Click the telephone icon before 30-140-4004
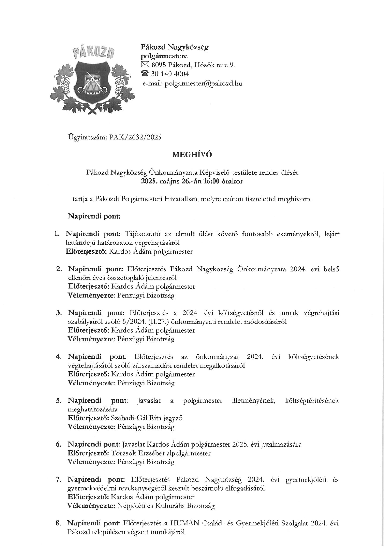click(145, 74)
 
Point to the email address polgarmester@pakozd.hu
click(203, 83)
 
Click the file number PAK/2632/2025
click(135, 137)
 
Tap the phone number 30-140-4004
click(170, 74)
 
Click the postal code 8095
click(159, 65)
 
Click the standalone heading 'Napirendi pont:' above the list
click(94, 216)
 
